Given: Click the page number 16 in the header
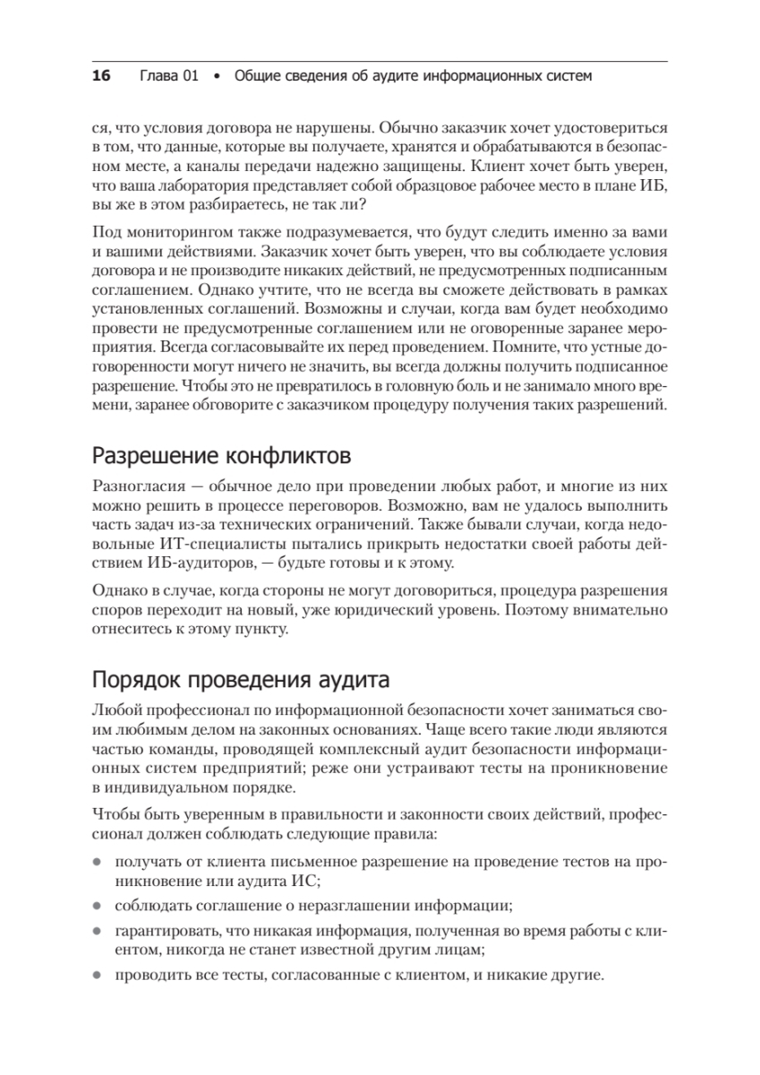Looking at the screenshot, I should pyautogui.click(x=100, y=76).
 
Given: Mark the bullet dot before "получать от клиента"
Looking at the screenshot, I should pyautogui.click(x=98, y=862).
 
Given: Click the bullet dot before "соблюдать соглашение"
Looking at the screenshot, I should pyautogui.click(x=98, y=905).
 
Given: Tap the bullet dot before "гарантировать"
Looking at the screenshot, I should pyautogui.click(x=98, y=930).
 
